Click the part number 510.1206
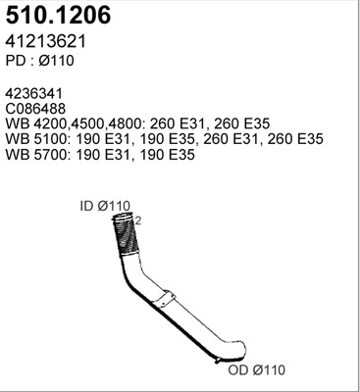click(59, 17)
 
